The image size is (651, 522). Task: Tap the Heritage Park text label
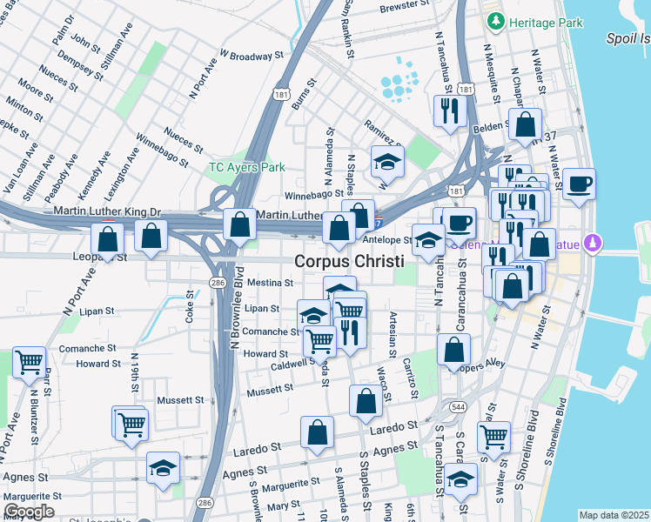pyautogui.click(x=546, y=23)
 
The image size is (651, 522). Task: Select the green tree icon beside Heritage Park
pyautogui.click(x=496, y=21)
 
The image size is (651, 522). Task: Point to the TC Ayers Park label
pyautogui.click(x=246, y=166)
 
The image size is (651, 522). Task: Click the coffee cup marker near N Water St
pyautogui.click(x=579, y=184)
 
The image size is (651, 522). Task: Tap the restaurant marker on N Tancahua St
pyautogui.click(x=450, y=111)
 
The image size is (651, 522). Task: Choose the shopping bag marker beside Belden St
pyautogui.click(x=526, y=125)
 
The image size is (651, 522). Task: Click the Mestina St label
pyautogui.click(x=270, y=283)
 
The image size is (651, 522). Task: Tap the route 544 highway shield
pyautogui.click(x=459, y=406)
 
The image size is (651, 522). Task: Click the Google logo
pyautogui.click(x=29, y=512)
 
